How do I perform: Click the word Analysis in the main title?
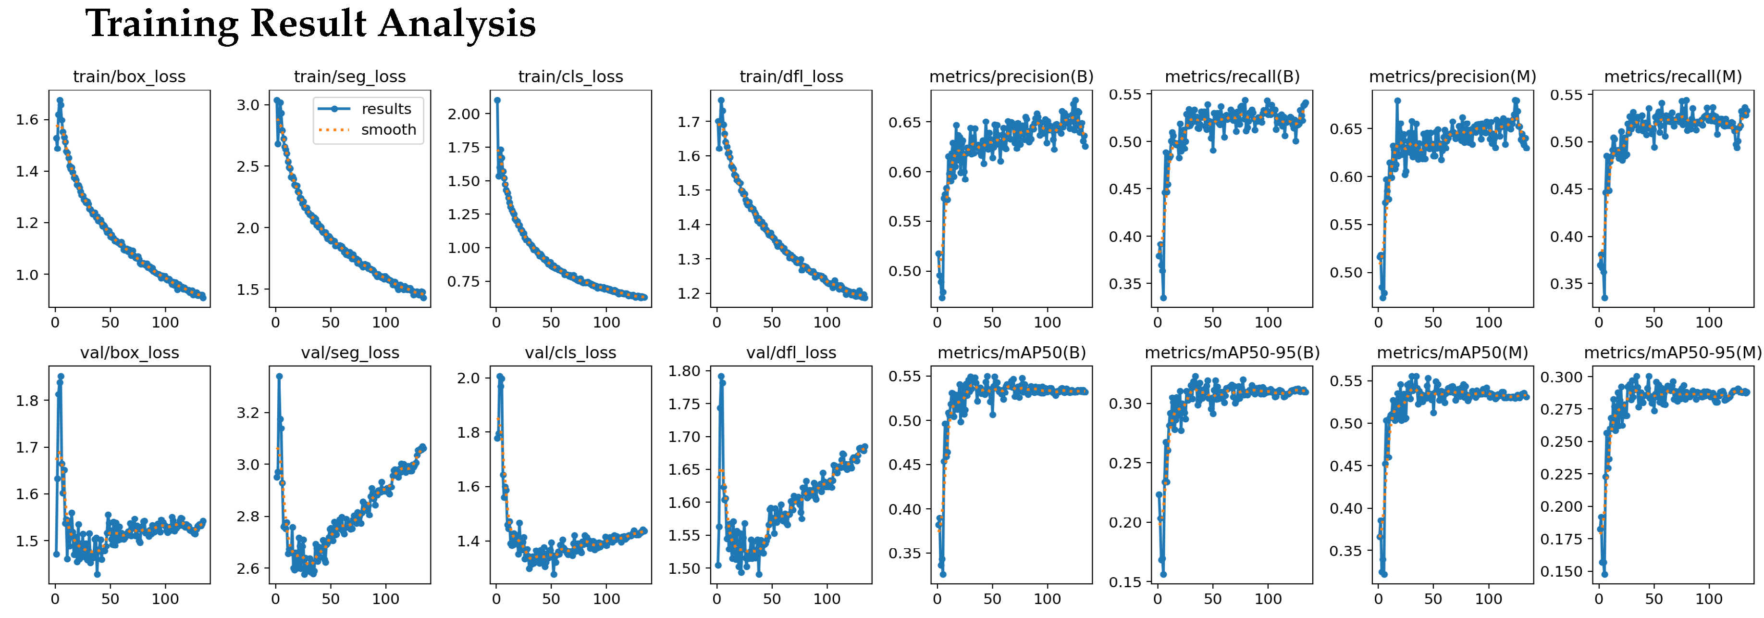click(x=457, y=25)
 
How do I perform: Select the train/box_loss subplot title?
click(x=129, y=77)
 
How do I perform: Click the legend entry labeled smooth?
click(x=388, y=129)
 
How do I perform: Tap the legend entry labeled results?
click(x=386, y=109)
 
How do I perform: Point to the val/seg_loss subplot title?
click(x=350, y=353)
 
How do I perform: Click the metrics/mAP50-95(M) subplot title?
click(x=1672, y=353)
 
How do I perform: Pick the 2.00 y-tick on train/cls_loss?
click(x=464, y=114)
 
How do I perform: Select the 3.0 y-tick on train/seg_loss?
click(x=248, y=105)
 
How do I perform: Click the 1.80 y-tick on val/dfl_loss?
click(x=684, y=371)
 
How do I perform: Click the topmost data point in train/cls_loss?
click(x=497, y=100)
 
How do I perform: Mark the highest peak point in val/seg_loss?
click(x=279, y=376)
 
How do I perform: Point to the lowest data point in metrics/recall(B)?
click(x=1163, y=298)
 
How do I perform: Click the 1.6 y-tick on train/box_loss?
click(x=27, y=120)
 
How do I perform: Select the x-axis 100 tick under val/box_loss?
click(x=165, y=599)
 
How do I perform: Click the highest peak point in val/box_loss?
click(x=61, y=376)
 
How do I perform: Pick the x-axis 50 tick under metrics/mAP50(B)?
click(x=992, y=599)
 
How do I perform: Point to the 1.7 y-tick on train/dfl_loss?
click(x=689, y=122)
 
